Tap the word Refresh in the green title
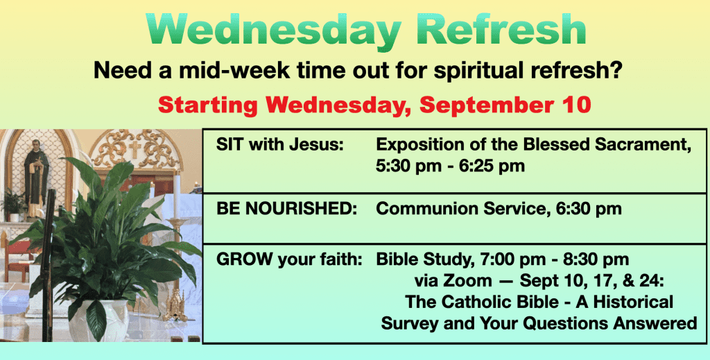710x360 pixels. click(505, 28)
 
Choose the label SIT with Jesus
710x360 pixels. click(279, 145)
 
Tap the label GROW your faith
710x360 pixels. click(289, 260)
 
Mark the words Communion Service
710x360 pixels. click(451, 209)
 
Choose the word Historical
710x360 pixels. click(631, 302)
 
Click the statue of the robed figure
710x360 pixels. click(36, 177)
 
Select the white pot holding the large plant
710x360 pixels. click(99, 319)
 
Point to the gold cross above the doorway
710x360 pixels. click(135, 149)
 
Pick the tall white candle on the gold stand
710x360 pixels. click(177, 194)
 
